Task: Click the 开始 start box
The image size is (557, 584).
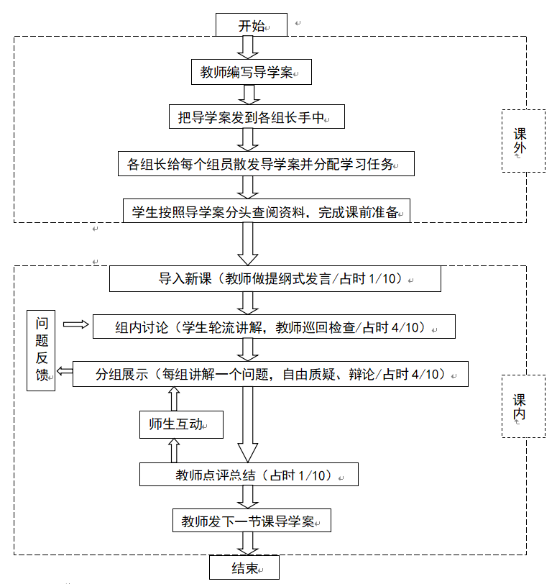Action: point(252,26)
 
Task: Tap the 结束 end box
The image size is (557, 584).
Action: point(244,568)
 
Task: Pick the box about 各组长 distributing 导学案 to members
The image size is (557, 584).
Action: point(267,164)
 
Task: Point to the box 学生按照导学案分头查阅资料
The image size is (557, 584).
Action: point(267,211)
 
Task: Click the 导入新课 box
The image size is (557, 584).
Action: point(275,278)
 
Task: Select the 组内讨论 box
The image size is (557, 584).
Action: point(274,327)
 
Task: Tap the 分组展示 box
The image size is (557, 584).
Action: point(270,374)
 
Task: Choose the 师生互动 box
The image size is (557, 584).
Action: point(181,424)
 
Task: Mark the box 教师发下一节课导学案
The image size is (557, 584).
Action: point(252,521)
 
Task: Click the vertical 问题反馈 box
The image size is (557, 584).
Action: point(42,351)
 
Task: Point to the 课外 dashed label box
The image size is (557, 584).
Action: point(523,141)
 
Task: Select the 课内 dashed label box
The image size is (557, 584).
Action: point(523,407)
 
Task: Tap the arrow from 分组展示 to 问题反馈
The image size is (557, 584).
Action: point(65,371)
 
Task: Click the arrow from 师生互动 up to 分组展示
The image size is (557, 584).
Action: point(173,398)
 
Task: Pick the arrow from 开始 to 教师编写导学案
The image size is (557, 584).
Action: point(249,47)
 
